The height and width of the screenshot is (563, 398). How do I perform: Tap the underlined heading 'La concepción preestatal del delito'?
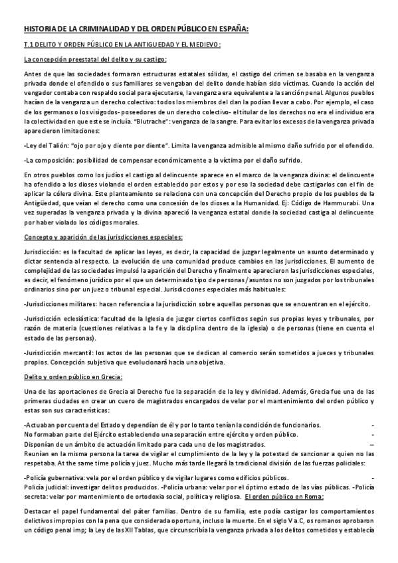click(x=95, y=59)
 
